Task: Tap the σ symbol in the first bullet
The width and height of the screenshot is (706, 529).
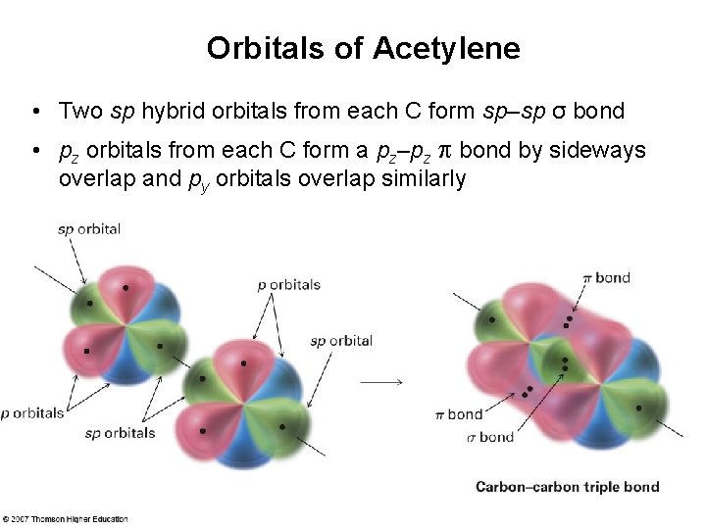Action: click(557, 111)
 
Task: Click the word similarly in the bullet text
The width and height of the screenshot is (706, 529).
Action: click(422, 179)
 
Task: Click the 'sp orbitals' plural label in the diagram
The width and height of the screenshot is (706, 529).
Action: click(120, 432)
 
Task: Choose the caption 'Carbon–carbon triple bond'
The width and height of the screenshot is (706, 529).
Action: click(567, 487)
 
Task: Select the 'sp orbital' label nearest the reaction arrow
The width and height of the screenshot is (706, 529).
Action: click(340, 341)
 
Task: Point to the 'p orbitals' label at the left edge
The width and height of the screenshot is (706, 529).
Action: click(33, 412)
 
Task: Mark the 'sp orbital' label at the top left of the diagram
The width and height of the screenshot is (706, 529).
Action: click(88, 229)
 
